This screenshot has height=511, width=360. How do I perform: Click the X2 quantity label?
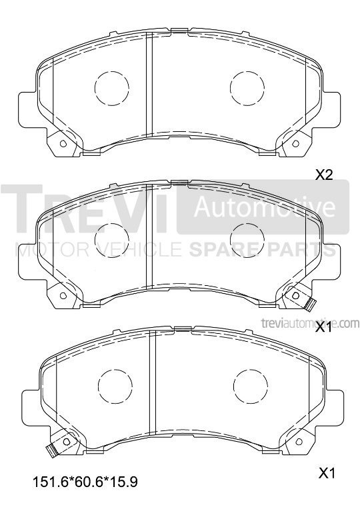(x=324, y=175)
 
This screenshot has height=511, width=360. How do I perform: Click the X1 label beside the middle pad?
(x=324, y=327)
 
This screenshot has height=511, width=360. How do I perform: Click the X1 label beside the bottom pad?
(x=327, y=473)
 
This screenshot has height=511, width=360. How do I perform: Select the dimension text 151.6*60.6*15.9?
(x=85, y=482)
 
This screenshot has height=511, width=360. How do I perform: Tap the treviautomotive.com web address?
(x=310, y=323)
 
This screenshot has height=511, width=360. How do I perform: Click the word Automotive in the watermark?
(x=264, y=207)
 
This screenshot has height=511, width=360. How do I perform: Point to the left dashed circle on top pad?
(x=111, y=88)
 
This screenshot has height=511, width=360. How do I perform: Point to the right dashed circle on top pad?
(x=247, y=88)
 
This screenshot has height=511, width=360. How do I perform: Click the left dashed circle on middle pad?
(x=111, y=241)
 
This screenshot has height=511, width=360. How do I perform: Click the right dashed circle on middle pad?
(x=247, y=241)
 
